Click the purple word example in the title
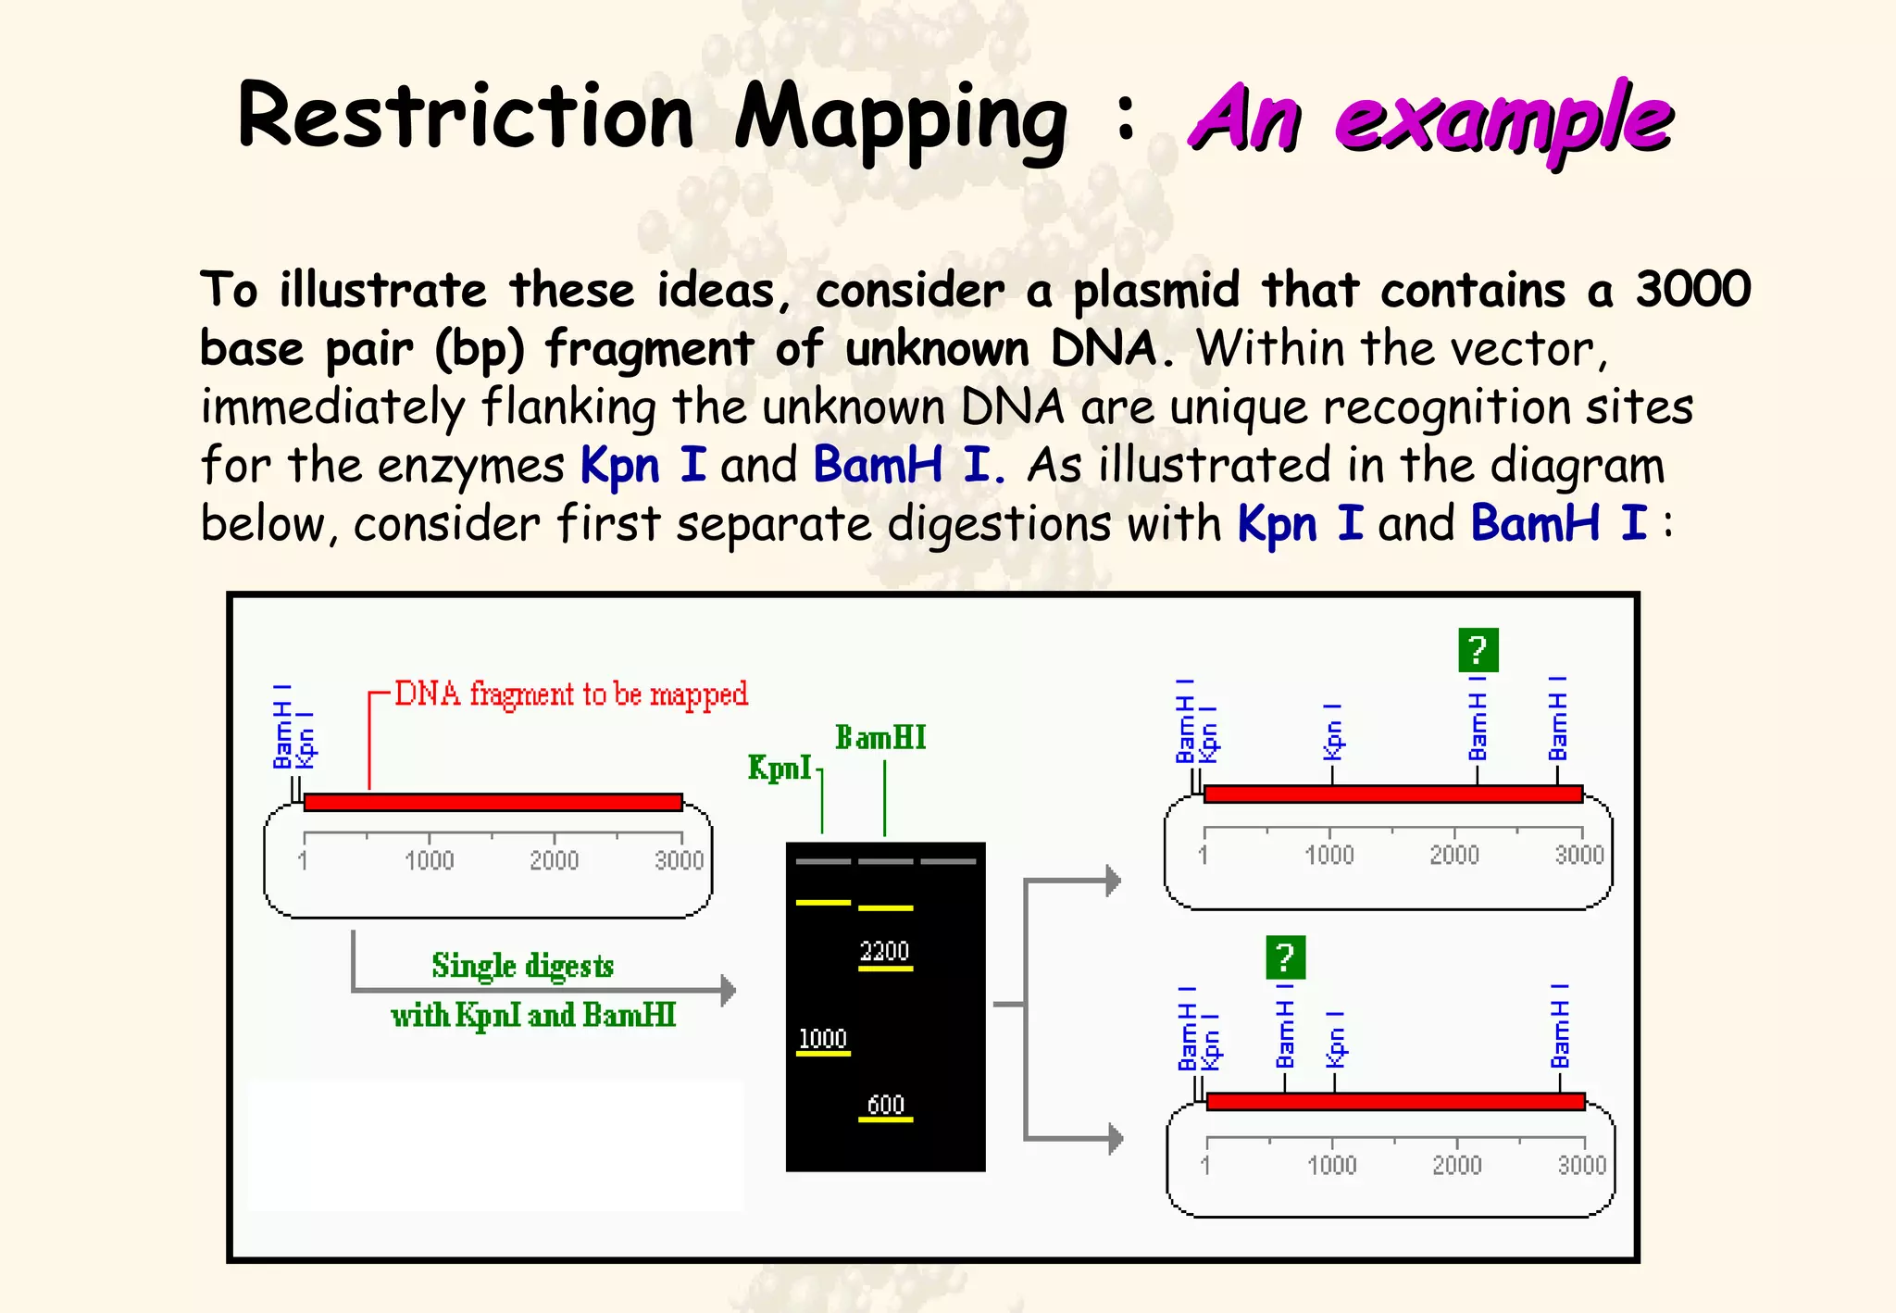(1503, 120)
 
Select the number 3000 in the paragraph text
(1692, 289)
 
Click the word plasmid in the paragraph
(1155, 291)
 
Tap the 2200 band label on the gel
(885, 951)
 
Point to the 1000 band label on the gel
(822, 1039)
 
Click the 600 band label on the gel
(885, 1104)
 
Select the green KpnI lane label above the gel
(780, 768)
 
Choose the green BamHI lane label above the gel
(880, 738)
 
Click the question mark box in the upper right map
(1478, 650)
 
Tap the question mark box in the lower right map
(1285, 957)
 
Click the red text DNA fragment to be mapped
(571, 694)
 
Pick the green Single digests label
(522, 966)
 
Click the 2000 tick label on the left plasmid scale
(554, 860)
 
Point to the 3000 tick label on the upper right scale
(1579, 854)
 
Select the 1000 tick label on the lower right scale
(1331, 1164)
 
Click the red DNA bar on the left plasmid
(493, 802)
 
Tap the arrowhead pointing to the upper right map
(1114, 881)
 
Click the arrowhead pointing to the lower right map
(1116, 1138)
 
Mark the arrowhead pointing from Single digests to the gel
(729, 991)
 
